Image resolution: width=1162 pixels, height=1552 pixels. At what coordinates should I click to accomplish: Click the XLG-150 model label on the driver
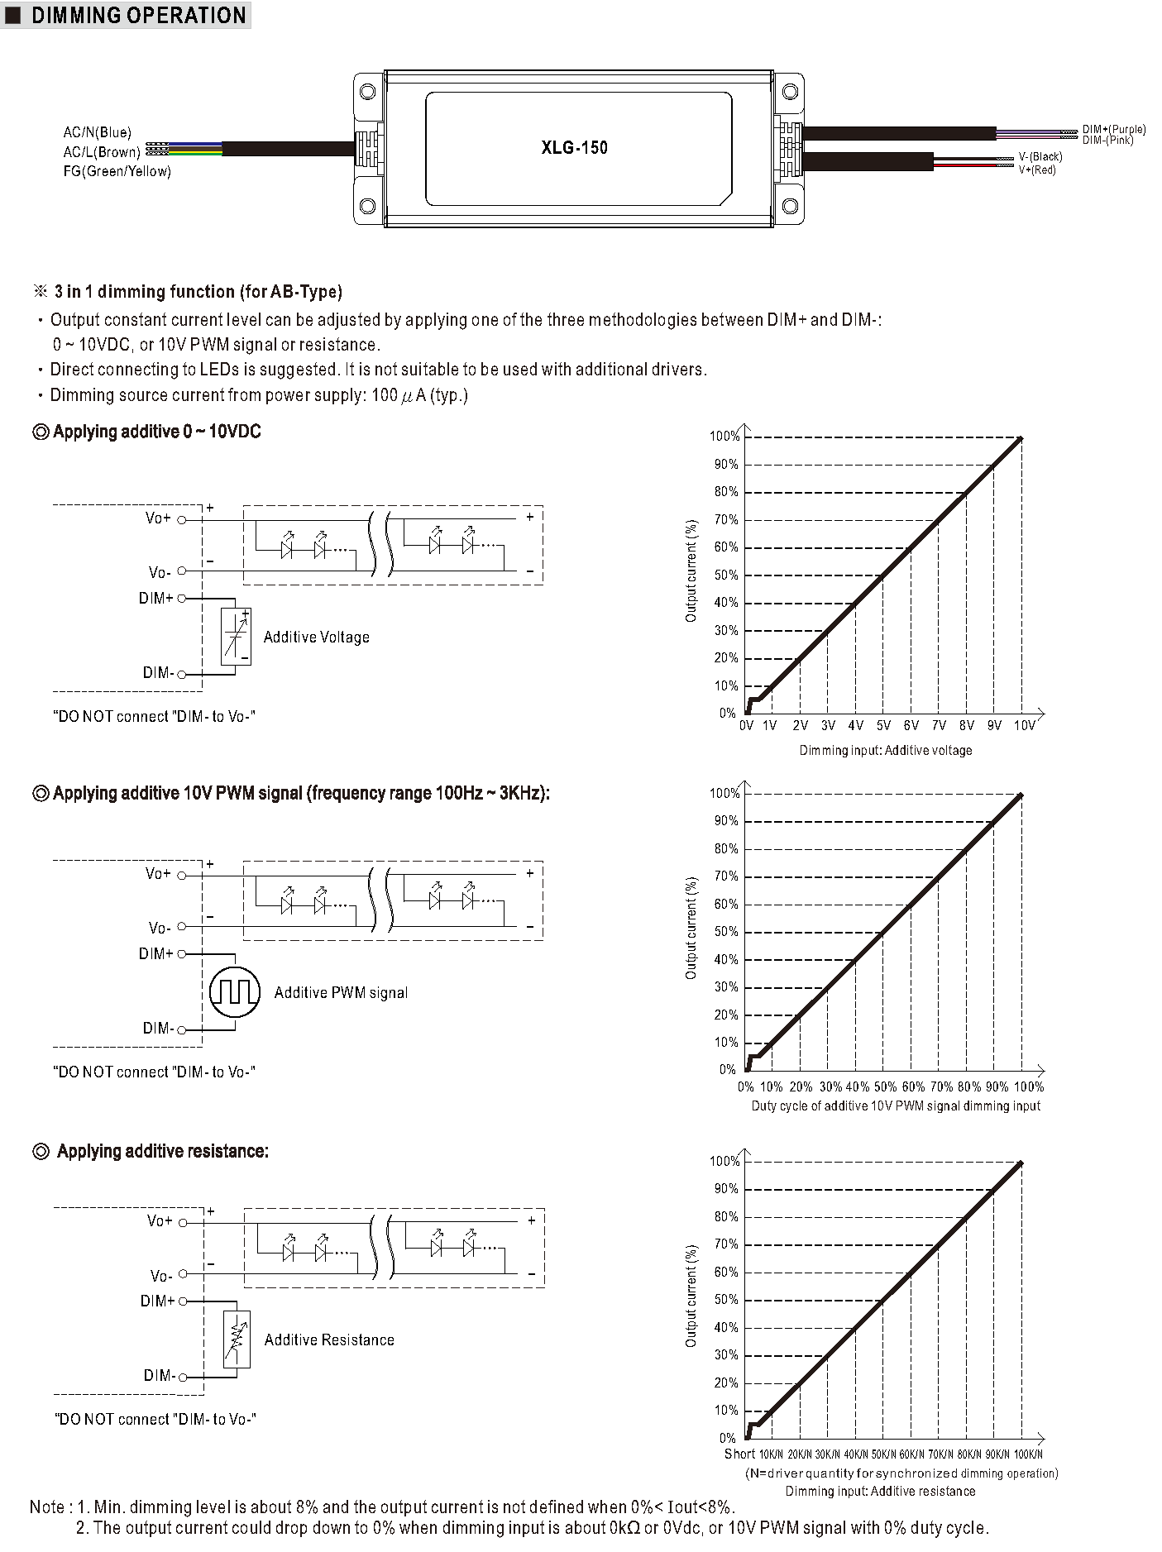(x=574, y=148)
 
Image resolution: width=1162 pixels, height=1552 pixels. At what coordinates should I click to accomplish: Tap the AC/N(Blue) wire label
(x=97, y=132)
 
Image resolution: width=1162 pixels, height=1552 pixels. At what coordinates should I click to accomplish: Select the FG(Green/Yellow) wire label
(x=117, y=171)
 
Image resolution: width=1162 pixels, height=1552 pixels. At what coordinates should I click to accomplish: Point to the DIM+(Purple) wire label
(x=1114, y=129)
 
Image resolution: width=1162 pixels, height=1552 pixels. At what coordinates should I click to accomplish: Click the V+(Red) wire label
(x=1037, y=170)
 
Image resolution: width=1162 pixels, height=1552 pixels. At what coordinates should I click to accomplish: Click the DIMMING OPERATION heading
(x=137, y=16)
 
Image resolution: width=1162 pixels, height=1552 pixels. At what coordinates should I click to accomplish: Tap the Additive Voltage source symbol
(x=236, y=637)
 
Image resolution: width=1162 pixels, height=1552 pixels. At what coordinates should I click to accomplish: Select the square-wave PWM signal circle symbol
(x=235, y=992)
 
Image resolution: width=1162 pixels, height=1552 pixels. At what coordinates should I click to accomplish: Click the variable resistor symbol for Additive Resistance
(x=237, y=1339)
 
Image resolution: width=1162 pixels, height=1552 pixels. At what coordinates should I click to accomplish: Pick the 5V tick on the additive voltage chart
(x=883, y=726)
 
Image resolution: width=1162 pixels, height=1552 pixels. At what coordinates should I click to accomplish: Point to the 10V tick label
(x=1024, y=726)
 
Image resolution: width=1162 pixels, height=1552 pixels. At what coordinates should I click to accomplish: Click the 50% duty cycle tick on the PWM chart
(x=885, y=1086)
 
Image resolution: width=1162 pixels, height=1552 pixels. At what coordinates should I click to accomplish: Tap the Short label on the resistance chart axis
(x=739, y=1454)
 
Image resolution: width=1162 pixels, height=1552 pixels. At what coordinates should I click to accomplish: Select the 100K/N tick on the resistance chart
(x=1027, y=1454)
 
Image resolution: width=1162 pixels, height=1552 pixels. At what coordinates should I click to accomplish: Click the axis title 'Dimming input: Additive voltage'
(x=885, y=751)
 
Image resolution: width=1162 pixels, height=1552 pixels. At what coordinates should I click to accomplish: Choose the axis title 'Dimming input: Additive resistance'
(x=880, y=1492)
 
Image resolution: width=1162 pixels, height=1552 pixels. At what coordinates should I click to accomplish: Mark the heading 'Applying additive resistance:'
(x=162, y=1151)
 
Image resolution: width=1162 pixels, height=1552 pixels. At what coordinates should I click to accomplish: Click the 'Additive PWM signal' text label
(x=341, y=993)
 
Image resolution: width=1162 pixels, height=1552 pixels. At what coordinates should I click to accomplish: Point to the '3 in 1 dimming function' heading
(x=198, y=292)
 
